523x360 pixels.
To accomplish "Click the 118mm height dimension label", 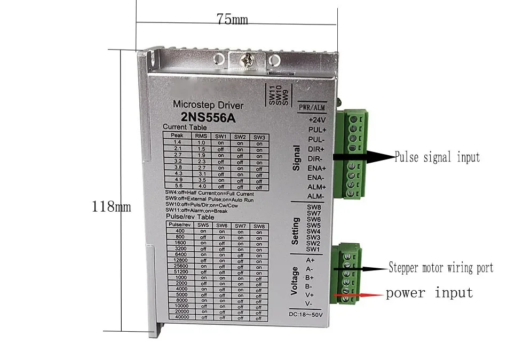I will pos(111,206).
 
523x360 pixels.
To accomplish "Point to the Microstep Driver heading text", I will pos(208,105).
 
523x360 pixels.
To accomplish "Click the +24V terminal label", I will pos(317,120).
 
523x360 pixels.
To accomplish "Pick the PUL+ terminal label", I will pos(317,130).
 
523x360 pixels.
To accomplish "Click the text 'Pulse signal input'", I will pos(437,157).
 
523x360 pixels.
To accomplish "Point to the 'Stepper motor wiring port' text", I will pos(441,268).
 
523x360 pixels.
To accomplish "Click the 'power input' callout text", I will pos(429,292).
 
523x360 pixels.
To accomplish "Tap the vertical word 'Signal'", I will pos(297,158).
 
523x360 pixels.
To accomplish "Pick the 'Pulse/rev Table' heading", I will pos(190,218).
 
